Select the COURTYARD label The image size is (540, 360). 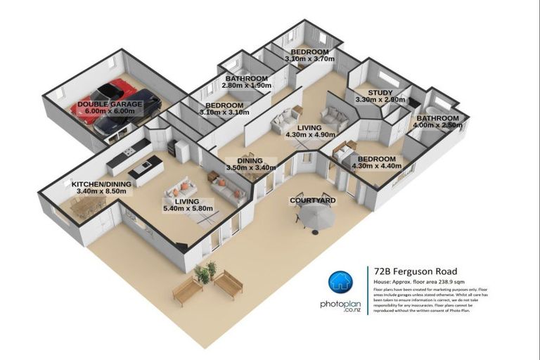coord(313,201)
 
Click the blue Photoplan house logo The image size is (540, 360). coord(340,281)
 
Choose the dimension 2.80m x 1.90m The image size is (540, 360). coord(246,85)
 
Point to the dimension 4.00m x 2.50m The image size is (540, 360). coord(438,125)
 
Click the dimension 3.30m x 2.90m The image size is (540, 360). coord(381,100)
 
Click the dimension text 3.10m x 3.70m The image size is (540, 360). coord(309,60)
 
